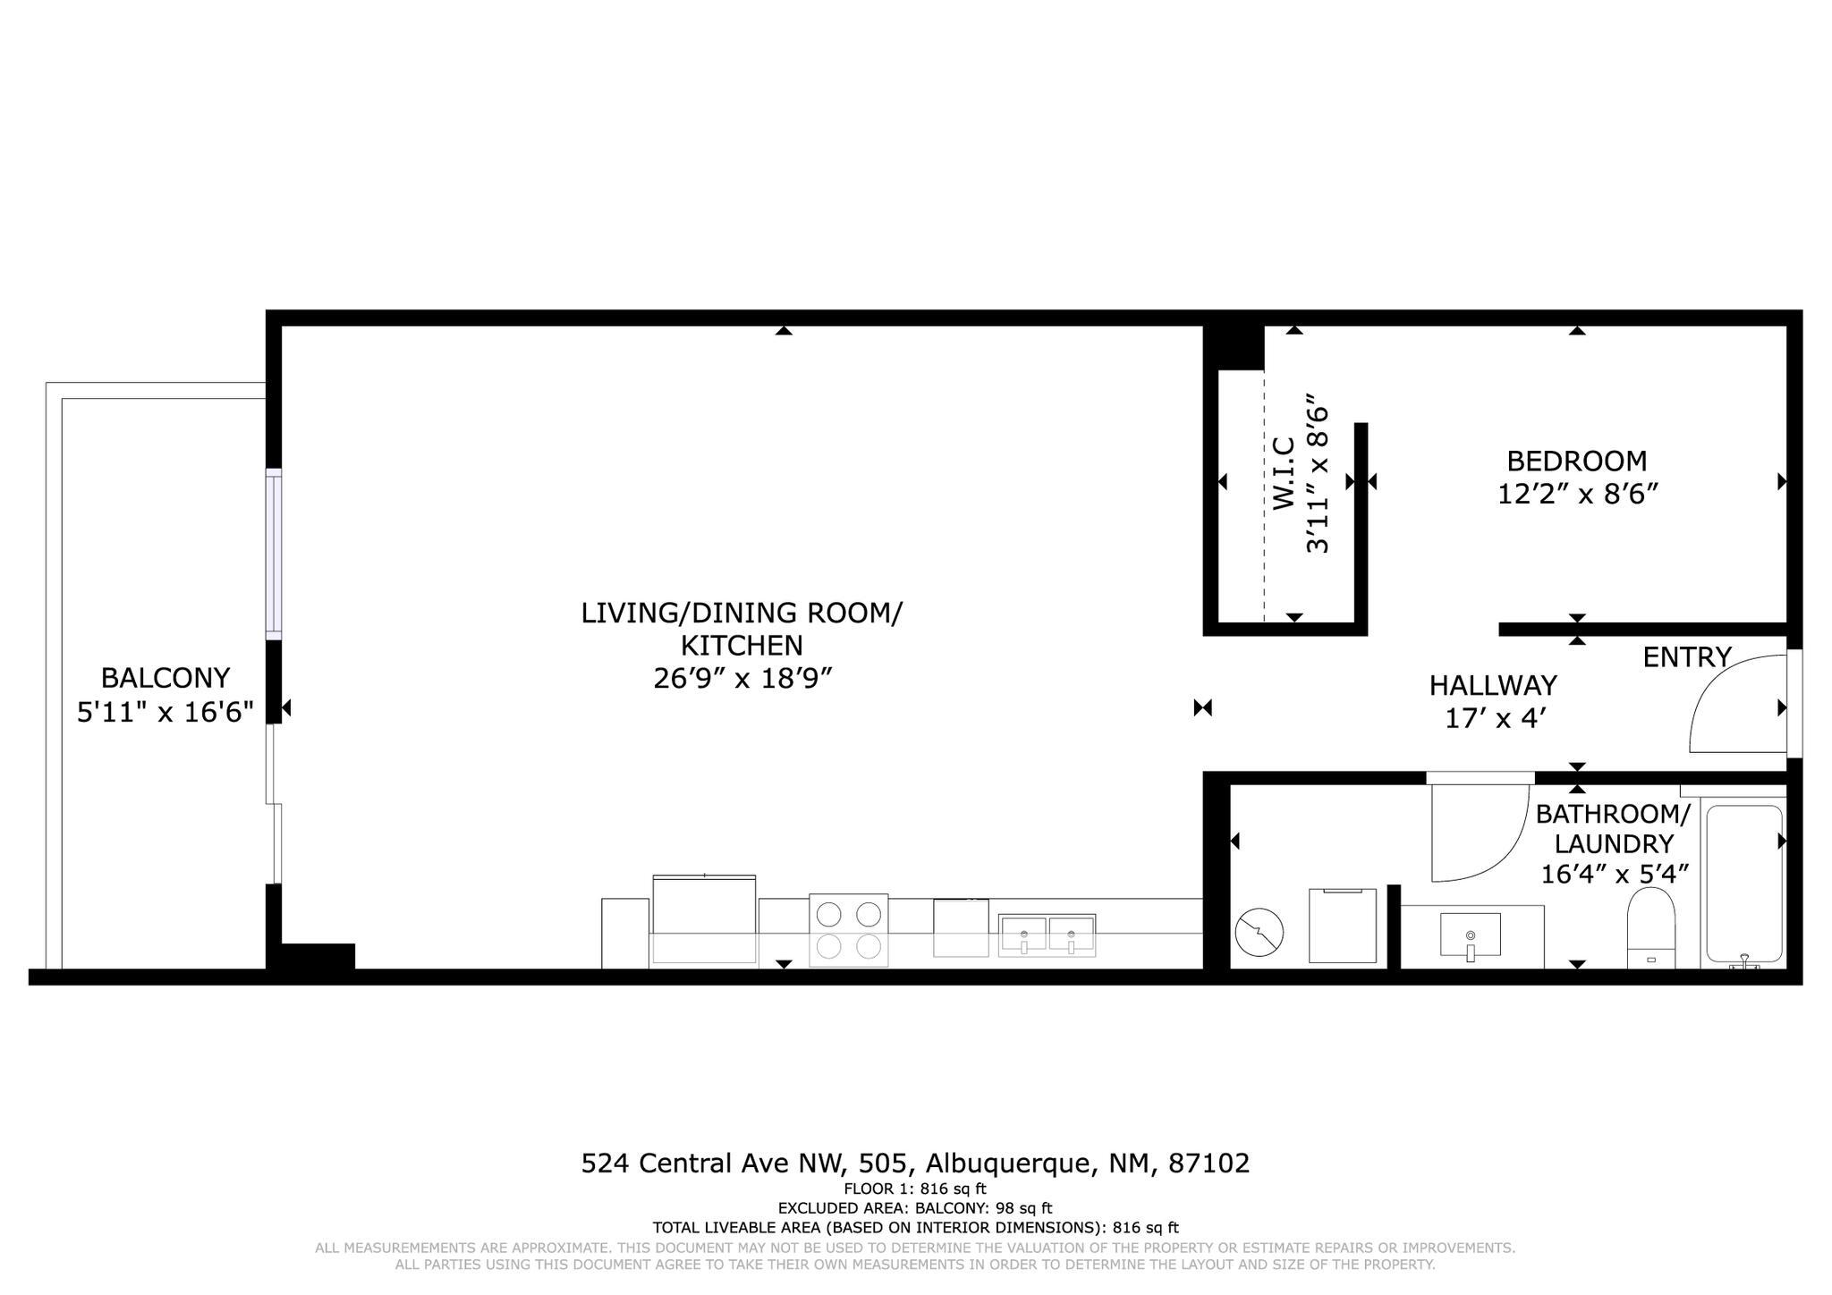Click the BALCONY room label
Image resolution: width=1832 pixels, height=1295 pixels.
point(165,677)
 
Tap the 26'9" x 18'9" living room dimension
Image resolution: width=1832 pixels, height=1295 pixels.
point(742,679)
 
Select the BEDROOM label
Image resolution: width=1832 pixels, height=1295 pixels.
point(1576,461)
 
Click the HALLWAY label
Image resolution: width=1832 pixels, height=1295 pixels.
point(1493,686)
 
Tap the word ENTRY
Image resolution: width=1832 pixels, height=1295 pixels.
point(1687,657)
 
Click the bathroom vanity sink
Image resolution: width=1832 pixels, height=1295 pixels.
point(1470,935)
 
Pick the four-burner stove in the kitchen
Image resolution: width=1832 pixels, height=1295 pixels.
point(848,930)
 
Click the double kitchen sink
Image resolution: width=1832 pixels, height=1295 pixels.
point(1047,935)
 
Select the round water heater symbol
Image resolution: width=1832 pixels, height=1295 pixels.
point(1259,931)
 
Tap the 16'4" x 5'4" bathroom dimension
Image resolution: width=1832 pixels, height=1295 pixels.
point(1614,874)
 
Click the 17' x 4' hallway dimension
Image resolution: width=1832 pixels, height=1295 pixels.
point(1496,718)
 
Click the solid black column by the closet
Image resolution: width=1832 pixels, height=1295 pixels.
point(1233,347)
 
